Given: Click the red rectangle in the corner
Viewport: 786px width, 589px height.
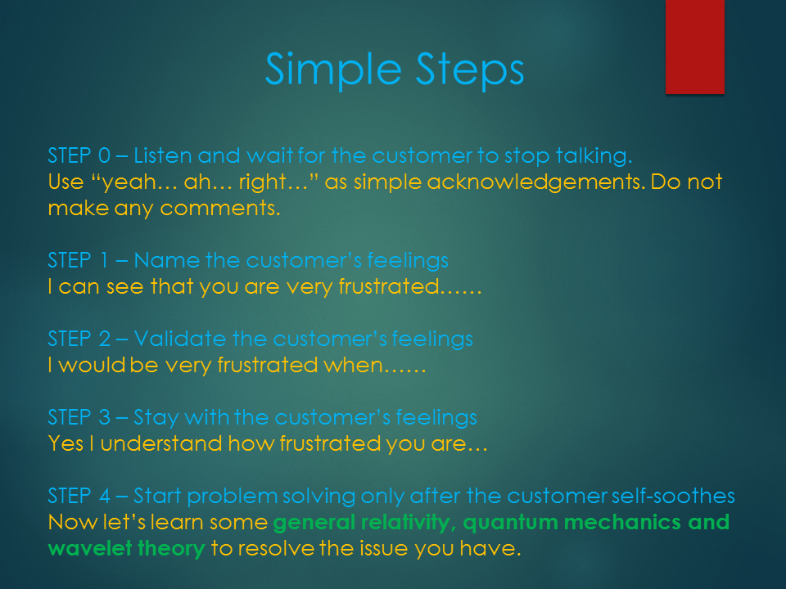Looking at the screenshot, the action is (x=695, y=47).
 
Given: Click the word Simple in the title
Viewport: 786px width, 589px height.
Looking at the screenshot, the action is (x=333, y=70).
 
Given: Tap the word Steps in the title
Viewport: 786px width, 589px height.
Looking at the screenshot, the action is (x=470, y=70).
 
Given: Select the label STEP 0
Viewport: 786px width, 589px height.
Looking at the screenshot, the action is (x=79, y=155).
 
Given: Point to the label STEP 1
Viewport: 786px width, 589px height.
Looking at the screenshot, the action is (x=79, y=260).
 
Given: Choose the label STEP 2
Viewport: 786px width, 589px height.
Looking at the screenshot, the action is (x=79, y=339).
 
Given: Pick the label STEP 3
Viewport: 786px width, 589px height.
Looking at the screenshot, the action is (x=79, y=418).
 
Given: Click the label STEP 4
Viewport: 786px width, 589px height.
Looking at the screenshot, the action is (x=79, y=497).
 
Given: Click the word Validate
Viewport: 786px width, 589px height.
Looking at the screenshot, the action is (x=179, y=339).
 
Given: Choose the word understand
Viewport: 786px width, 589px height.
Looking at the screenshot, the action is (x=161, y=443).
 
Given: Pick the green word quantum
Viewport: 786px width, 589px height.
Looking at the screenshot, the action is (x=510, y=524).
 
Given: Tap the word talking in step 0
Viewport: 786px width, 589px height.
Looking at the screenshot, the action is (x=594, y=156).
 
